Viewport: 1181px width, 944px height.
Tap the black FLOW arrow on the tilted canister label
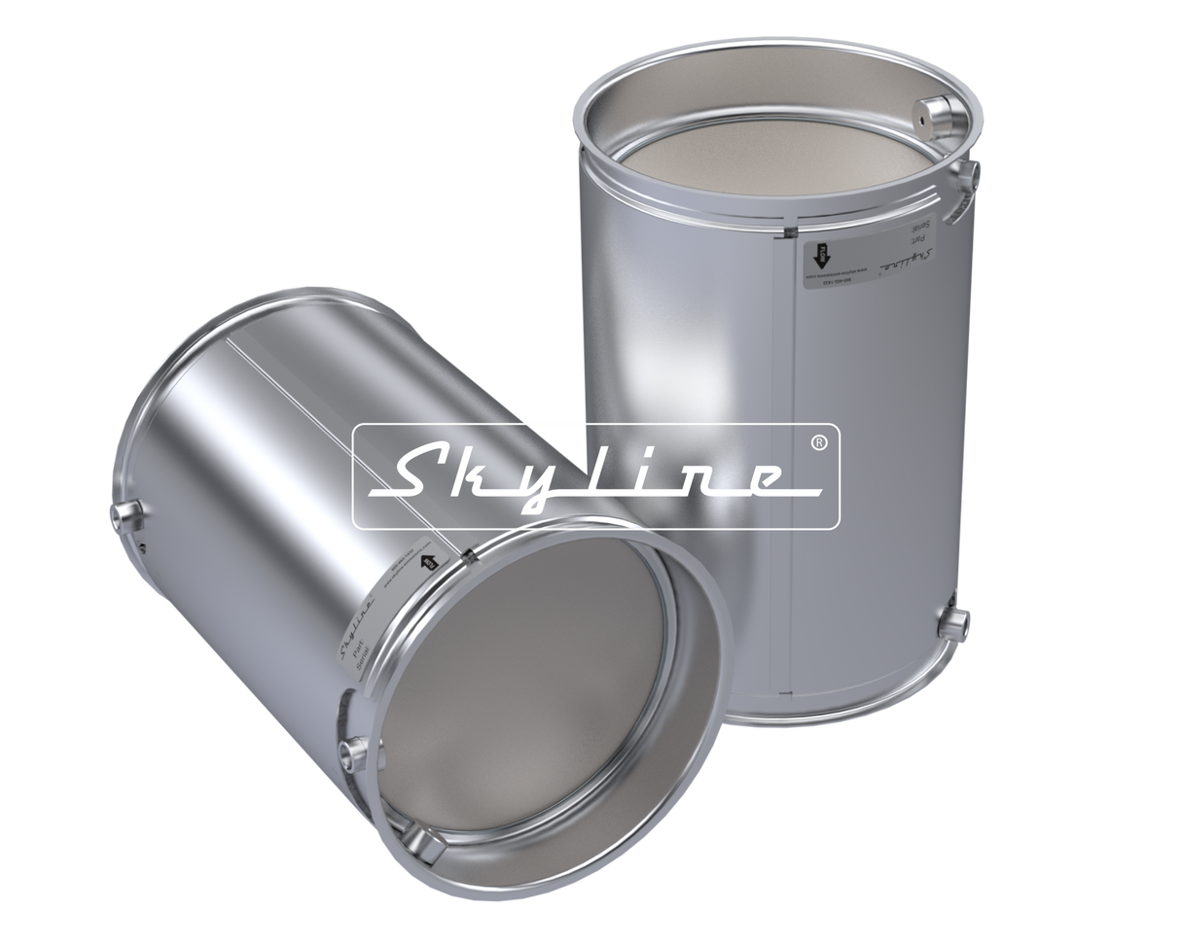[425, 562]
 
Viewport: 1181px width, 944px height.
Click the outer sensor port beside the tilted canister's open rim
[353, 749]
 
